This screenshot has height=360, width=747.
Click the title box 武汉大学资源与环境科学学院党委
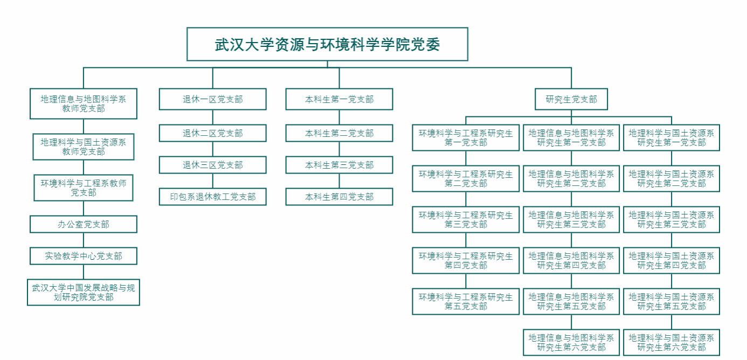[327, 44]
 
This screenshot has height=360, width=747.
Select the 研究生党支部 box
[571, 99]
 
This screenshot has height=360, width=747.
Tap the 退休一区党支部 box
[212, 99]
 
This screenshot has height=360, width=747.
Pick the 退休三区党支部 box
[212, 165]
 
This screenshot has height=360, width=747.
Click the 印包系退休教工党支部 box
[212, 197]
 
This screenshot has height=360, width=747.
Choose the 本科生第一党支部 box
[339, 99]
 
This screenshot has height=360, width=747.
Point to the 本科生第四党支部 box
[339, 197]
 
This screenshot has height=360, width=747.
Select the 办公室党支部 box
[84, 224]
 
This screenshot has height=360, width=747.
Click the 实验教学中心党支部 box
[84, 256]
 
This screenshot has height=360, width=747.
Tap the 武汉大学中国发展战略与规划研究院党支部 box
[84, 292]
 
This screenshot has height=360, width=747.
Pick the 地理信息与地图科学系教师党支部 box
[84, 103]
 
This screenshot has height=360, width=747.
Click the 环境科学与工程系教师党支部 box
[84, 188]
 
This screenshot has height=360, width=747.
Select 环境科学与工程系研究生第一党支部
[466, 137]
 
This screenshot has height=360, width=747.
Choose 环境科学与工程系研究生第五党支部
[466, 301]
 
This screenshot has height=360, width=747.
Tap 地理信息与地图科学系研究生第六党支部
[571, 342]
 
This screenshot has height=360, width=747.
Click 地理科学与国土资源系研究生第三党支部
[672, 219]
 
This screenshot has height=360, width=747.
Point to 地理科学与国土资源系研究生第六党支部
[672, 342]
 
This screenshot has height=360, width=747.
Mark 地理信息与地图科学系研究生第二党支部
[571, 178]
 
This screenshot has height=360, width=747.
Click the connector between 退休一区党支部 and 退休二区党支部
[212, 117]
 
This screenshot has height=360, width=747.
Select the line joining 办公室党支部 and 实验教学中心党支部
[84, 240]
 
